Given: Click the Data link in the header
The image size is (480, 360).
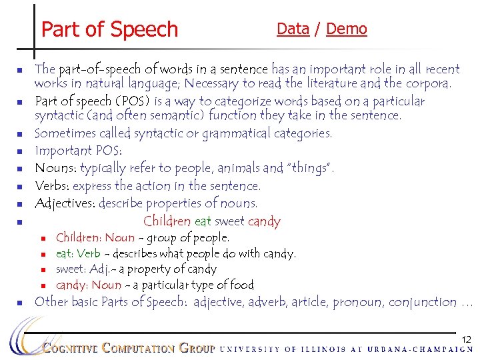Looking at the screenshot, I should coord(293,29).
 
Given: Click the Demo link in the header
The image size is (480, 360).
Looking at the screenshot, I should coord(347,29).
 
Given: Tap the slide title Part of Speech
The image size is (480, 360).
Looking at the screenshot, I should coord(110,29).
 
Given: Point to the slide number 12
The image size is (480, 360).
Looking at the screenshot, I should coord(467,340).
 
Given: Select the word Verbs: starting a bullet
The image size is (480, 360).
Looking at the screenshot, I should coord(52,186).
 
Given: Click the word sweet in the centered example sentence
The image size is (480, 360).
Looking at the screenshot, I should coord(230,221).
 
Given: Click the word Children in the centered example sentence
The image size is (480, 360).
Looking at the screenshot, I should coord(167,221).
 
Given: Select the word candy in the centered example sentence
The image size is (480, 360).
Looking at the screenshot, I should coord(264,222).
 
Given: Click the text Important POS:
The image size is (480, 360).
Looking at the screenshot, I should coord(77,151).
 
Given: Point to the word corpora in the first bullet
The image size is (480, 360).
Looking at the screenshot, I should coord(427,84).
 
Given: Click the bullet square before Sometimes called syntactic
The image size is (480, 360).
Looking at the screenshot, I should coord(21,133).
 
